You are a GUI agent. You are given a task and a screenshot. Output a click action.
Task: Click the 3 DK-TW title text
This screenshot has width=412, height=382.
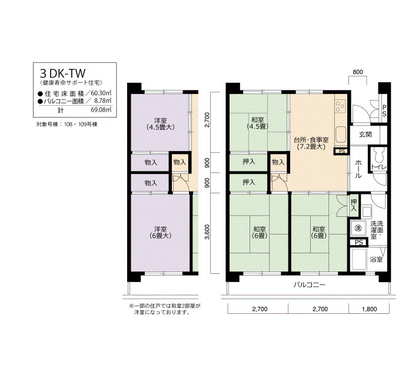(63, 73)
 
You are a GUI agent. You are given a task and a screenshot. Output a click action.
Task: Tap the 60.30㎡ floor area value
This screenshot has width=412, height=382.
(101, 93)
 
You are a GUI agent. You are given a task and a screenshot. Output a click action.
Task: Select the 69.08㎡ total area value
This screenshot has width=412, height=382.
(101, 110)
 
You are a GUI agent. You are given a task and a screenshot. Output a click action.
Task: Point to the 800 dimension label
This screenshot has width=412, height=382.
(358, 72)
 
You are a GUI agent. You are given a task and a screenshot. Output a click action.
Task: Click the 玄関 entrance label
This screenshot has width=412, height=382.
(366, 135)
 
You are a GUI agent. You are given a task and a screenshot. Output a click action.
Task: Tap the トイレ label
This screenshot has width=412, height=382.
(378, 167)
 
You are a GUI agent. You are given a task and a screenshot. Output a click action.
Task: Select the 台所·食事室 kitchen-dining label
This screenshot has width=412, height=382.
(311, 140)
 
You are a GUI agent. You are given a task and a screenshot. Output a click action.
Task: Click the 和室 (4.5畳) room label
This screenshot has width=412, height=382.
(258, 123)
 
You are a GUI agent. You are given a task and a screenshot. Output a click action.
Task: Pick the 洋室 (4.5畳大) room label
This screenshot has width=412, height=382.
(161, 124)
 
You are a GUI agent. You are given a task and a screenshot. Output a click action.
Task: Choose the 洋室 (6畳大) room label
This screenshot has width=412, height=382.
(161, 233)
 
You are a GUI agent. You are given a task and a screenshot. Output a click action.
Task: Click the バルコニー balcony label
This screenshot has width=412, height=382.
(309, 284)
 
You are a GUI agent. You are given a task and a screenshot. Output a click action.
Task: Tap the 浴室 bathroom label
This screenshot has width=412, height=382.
(376, 260)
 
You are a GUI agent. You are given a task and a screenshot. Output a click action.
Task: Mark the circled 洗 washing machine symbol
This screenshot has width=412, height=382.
(358, 228)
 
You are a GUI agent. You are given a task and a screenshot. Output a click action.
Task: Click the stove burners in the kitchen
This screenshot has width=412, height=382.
(341, 106)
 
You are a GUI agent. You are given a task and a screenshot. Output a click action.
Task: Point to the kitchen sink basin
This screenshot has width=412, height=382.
(341, 135)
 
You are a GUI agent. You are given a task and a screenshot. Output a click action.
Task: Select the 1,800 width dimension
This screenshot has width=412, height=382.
(369, 309)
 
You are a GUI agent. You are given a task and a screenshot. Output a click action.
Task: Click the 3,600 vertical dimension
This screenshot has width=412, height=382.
(207, 232)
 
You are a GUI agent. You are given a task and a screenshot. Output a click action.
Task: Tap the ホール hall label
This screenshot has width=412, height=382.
(358, 169)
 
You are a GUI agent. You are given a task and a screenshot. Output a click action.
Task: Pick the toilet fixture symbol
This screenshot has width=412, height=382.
(378, 155)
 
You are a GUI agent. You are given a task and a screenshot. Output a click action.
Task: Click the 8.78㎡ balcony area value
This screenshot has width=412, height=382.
(102, 100)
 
